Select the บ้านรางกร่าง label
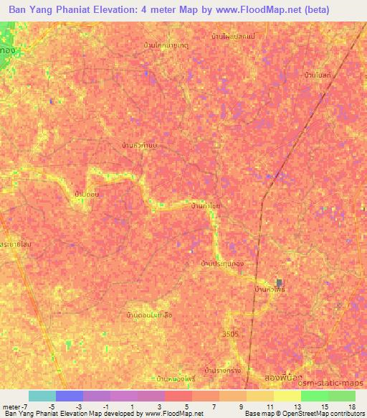221,370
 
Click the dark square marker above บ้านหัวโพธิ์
279,282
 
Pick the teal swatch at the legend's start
42,396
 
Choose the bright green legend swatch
314,396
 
